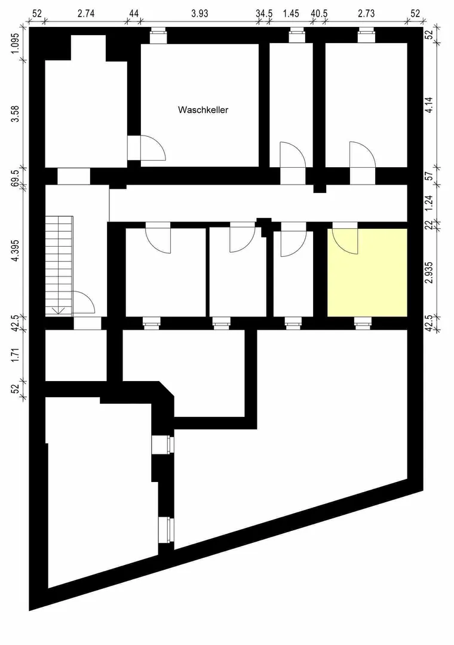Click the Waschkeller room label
click(203, 110)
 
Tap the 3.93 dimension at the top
click(200, 14)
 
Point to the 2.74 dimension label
click(87, 14)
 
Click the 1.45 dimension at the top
click(291, 14)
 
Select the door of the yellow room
click(345, 239)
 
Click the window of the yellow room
click(363, 323)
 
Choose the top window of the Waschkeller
click(158, 36)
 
